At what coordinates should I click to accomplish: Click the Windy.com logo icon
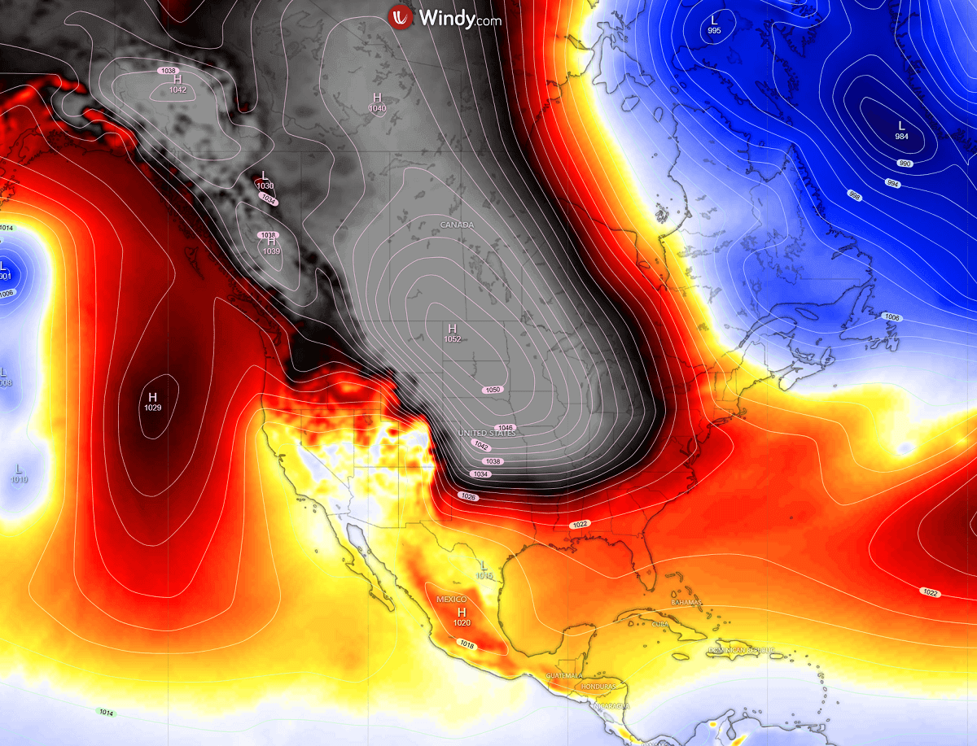[400, 17]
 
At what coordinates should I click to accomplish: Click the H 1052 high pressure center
[452, 333]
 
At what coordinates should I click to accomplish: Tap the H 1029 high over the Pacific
[152, 401]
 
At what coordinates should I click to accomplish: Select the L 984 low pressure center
[901, 130]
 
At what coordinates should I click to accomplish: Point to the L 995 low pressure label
[714, 24]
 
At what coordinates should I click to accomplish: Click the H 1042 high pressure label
[177, 84]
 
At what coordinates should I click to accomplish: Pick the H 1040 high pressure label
[377, 103]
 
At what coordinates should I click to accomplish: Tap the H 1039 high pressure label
[271, 246]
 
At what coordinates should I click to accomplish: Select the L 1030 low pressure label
[265, 180]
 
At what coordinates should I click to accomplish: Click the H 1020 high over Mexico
[462, 616]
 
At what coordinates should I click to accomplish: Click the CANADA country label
[457, 225]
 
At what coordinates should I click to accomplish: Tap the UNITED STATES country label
[487, 434]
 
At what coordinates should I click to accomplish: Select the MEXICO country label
[452, 600]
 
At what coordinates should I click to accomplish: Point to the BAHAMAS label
[686, 602]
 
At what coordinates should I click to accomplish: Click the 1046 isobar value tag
[506, 428]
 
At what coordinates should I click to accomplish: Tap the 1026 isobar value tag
[468, 496]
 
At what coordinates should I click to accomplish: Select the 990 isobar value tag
[905, 164]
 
